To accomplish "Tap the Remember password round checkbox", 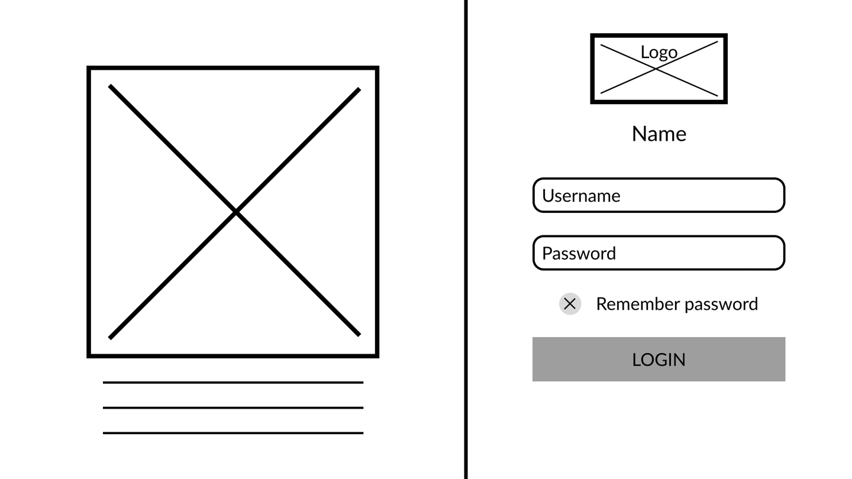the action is [570, 304].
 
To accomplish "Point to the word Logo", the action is [659, 52].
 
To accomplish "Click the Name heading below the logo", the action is [659, 134].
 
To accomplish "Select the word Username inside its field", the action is [581, 196].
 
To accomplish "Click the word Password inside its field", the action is [579, 253].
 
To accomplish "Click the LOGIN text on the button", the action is [659, 360].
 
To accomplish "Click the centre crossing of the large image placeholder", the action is [235, 211].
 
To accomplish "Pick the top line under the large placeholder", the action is [233, 383].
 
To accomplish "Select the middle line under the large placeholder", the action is [233, 407].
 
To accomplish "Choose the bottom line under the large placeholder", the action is [233, 433].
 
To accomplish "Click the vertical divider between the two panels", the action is [466, 239].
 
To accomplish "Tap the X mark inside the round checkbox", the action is [570, 304].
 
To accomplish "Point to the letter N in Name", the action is [638, 134].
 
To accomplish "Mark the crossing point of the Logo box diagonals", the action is [656, 69].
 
